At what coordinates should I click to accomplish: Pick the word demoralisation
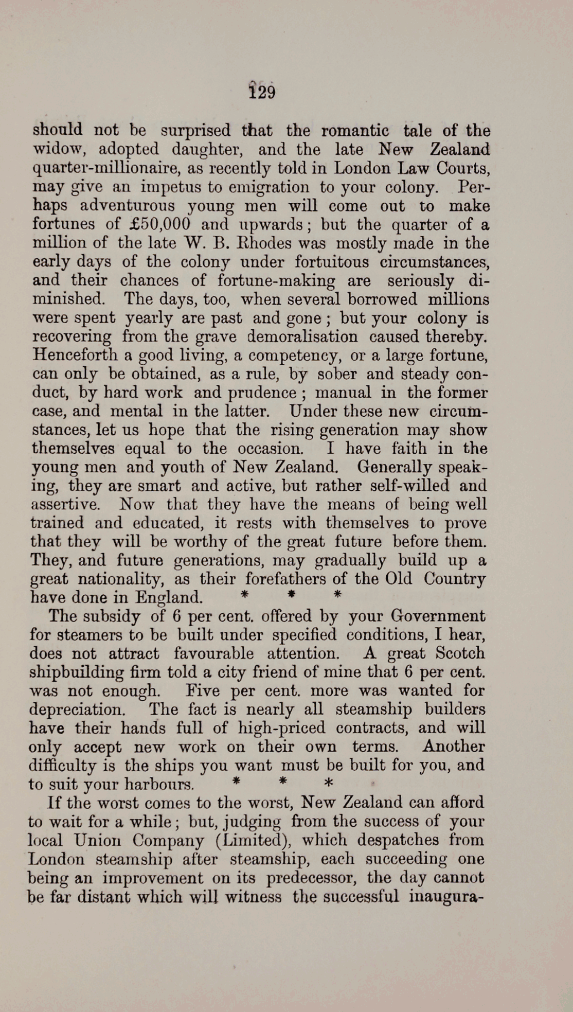pos(302,336)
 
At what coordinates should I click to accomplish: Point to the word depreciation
pos(77,709)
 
